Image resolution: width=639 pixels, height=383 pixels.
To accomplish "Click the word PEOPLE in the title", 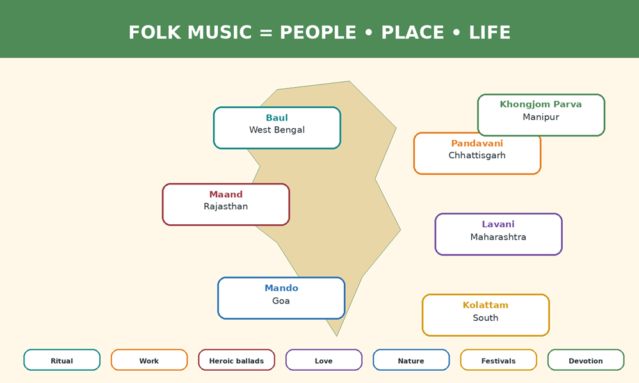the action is pyautogui.click(x=318, y=33).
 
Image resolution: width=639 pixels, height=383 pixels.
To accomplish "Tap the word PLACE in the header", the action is pyautogui.click(x=412, y=33).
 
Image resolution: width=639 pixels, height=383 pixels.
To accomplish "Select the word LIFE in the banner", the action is pyautogui.click(x=489, y=33).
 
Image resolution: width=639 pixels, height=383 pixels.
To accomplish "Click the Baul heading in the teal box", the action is pyautogui.click(x=277, y=118).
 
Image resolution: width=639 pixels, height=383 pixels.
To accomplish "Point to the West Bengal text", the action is pyautogui.click(x=277, y=130).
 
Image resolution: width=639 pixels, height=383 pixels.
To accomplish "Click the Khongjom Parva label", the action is pyautogui.click(x=541, y=104).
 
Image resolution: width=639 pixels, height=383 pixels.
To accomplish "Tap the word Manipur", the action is pyautogui.click(x=541, y=117).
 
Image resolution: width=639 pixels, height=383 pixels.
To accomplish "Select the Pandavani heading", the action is pyautogui.click(x=477, y=143).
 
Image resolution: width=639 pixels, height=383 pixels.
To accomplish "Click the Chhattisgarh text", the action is pyautogui.click(x=477, y=155).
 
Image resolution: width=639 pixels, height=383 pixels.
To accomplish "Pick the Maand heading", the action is pyautogui.click(x=226, y=194).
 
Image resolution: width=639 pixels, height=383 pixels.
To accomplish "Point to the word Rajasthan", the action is pyautogui.click(x=226, y=207).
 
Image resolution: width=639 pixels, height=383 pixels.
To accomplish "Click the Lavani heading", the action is pyautogui.click(x=498, y=225).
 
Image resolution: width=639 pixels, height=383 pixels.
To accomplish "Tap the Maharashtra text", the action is pyautogui.click(x=498, y=237).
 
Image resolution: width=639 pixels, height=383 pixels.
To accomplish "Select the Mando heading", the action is pyautogui.click(x=281, y=288).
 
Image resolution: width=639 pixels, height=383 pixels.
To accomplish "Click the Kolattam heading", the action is pyautogui.click(x=485, y=305).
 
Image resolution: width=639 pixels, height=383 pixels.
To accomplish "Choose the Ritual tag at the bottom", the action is pyautogui.click(x=62, y=360).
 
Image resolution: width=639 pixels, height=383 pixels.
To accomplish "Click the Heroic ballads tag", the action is pyautogui.click(x=236, y=360).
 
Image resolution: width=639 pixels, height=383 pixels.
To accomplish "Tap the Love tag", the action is pyautogui.click(x=323, y=360).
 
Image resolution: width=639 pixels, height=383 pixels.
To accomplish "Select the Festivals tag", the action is pyautogui.click(x=498, y=360).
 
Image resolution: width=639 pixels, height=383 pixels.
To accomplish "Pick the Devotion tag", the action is pyautogui.click(x=586, y=360).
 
